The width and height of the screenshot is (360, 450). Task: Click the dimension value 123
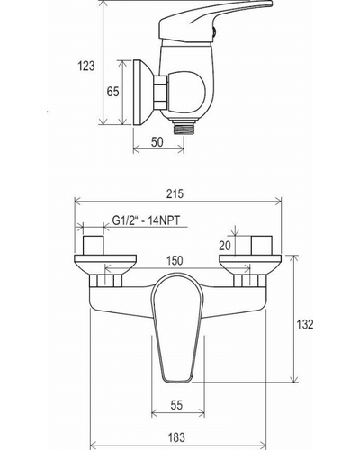point(86,66)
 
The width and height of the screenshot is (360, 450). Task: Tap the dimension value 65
point(112,92)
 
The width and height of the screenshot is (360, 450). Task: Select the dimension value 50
point(157,142)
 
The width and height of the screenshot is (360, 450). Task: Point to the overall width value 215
point(175,193)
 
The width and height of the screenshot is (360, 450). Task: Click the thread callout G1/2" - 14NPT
point(147,220)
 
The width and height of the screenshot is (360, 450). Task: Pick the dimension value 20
point(225,246)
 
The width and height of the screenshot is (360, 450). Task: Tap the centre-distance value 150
point(175,260)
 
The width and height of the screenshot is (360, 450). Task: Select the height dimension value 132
point(305,324)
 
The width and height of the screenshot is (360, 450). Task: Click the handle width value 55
point(176,405)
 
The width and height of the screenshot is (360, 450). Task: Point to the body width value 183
point(176,437)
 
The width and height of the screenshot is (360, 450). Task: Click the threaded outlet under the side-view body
point(184,126)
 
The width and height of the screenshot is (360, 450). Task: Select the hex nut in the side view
point(161,93)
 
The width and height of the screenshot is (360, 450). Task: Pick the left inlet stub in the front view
point(94,246)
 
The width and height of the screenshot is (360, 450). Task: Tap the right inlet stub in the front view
point(262,246)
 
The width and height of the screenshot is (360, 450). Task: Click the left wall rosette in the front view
point(105,265)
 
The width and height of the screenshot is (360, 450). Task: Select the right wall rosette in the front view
point(250,265)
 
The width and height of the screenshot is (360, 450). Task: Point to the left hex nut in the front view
point(105,281)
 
